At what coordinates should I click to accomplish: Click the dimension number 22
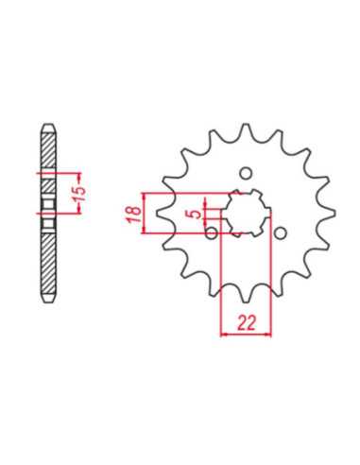coord(246,322)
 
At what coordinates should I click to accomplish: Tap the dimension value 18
coord(135,214)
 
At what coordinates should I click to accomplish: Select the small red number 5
coord(196,214)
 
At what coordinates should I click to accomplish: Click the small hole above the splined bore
coord(246,173)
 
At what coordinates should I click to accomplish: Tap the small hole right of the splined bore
coord(280,233)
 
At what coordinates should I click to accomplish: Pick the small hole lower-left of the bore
coord(212,232)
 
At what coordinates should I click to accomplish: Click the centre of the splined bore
coord(246,214)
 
